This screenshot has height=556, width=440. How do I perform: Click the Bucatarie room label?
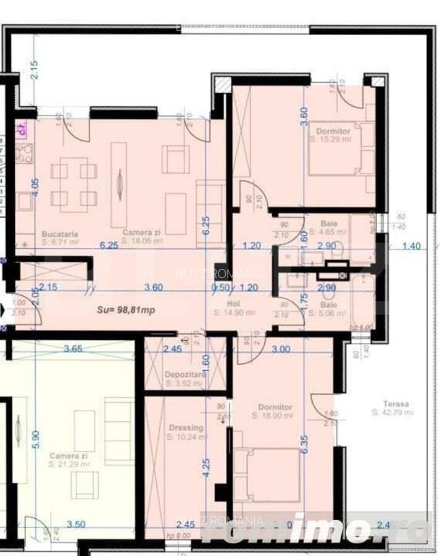click(60, 234)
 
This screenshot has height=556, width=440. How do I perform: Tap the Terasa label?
click(395, 404)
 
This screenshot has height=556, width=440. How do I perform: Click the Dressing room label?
click(185, 428)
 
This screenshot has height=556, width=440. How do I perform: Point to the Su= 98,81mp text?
click(127, 310)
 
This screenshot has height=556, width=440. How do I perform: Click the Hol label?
click(233, 305)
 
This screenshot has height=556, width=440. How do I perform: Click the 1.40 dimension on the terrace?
click(411, 246)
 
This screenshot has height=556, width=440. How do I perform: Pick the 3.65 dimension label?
click(73, 349)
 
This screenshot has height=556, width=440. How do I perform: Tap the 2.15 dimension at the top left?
click(35, 69)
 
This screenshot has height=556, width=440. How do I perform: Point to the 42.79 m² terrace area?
click(392, 413)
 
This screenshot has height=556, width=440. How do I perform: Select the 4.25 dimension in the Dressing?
click(207, 465)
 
